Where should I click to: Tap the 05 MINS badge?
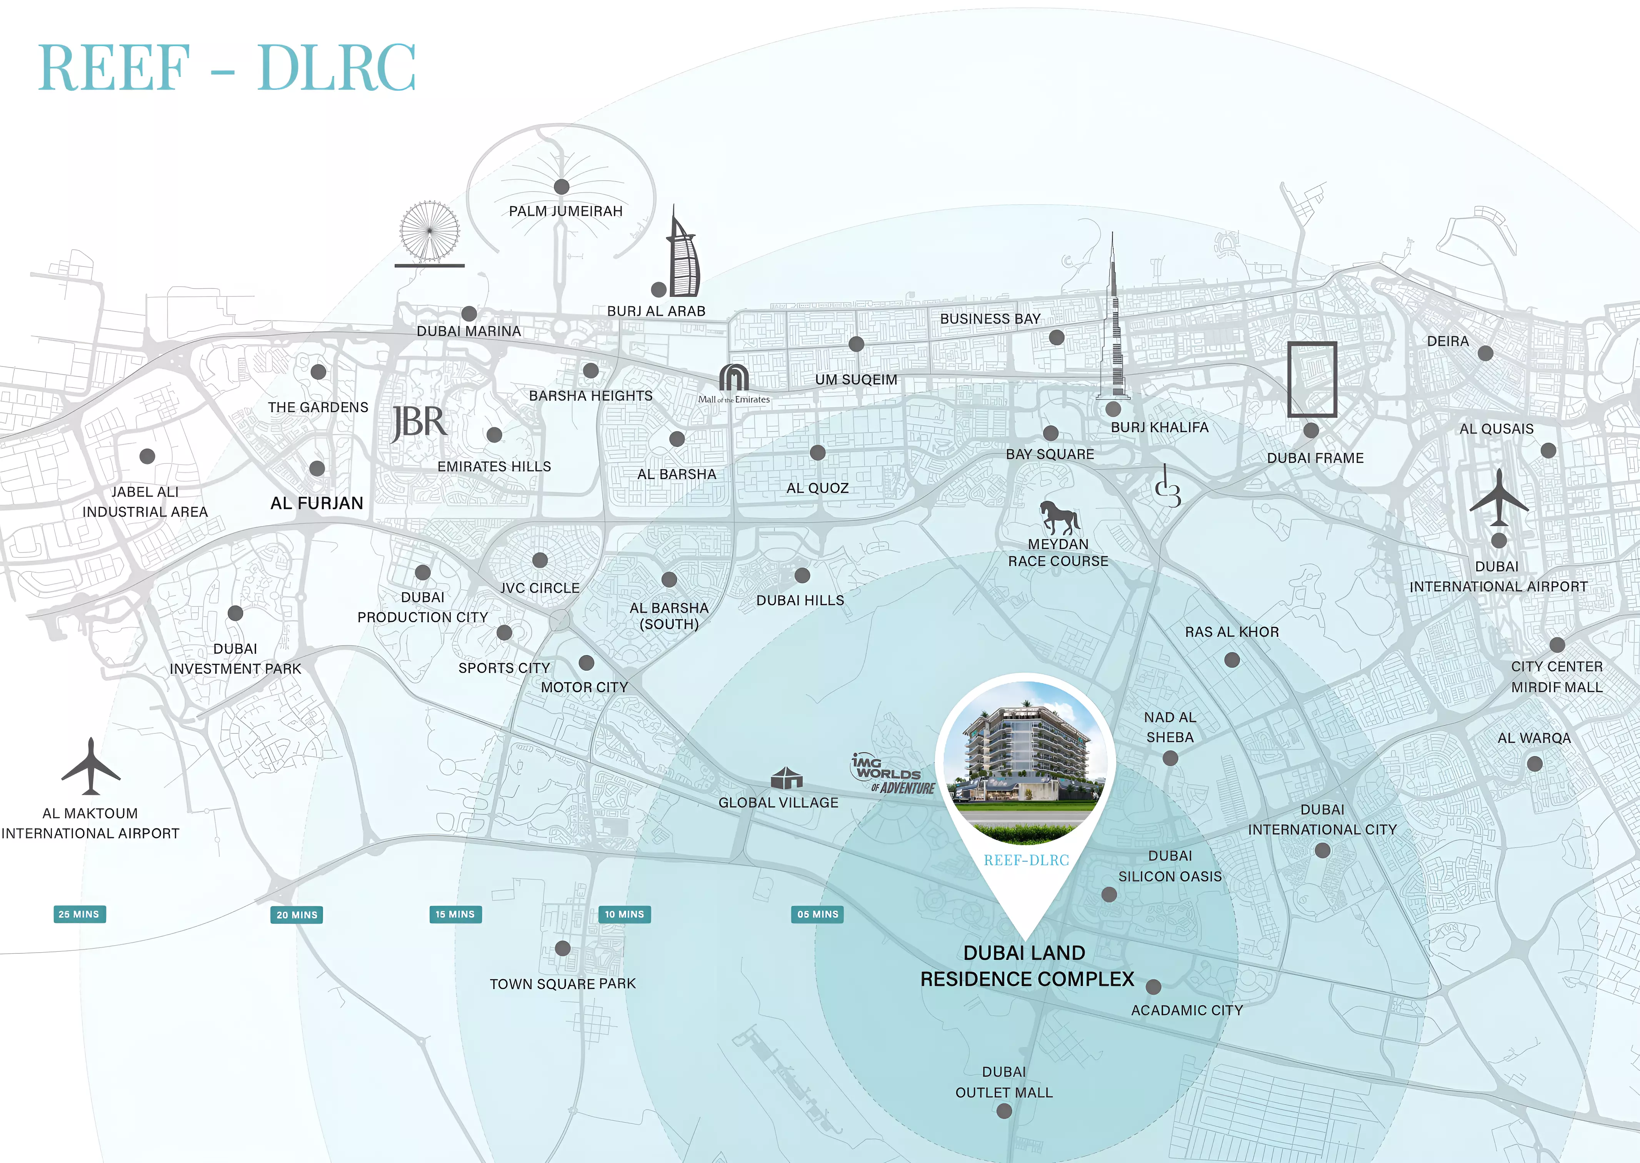[x=817, y=915]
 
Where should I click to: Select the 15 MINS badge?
[x=455, y=915]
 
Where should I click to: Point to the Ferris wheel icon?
[x=429, y=233]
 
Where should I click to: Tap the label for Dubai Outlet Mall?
[x=1004, y=1082]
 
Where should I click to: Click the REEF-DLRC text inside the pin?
[x=1025, y=860]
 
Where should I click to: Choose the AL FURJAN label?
[x=317, y=503]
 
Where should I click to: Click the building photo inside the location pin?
[x=1025, y=759]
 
